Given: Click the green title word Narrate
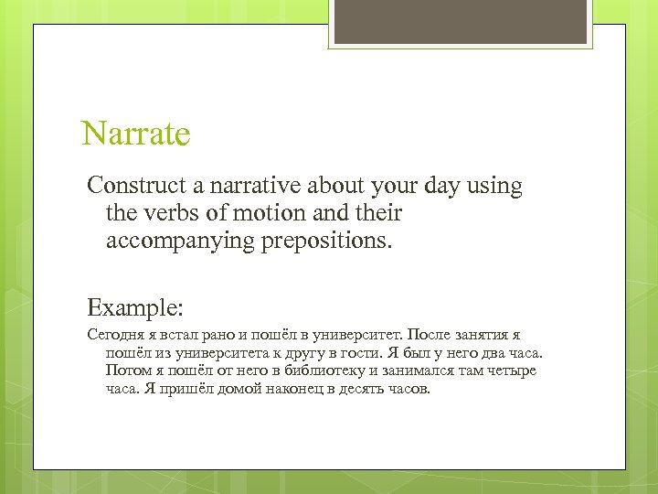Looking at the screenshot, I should coord(135,134).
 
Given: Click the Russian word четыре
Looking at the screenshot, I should coord(513,370).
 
